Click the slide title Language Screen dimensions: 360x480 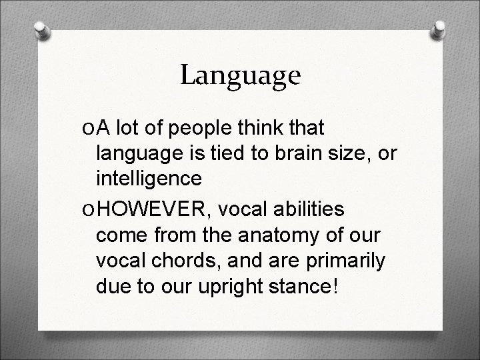(240, 75)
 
